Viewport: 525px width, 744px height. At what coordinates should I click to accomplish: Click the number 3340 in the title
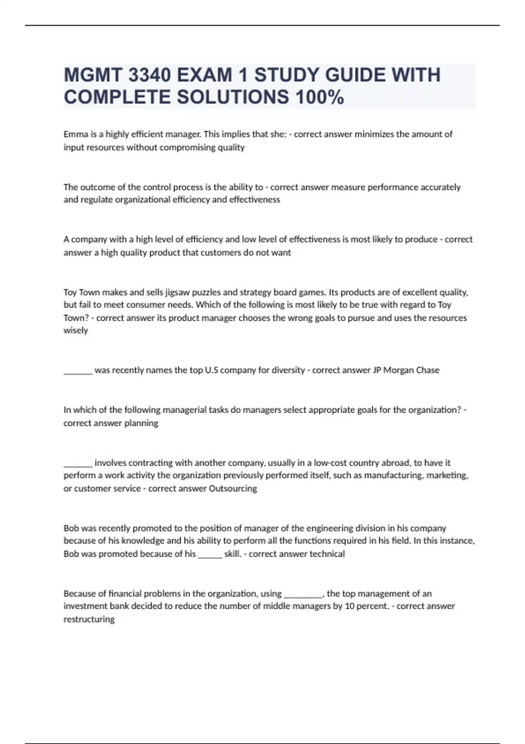click(x=150, y=75)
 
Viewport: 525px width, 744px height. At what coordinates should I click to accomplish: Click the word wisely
click(x=76, y=330)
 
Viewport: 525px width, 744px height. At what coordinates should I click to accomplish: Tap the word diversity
click(x=287, y=370)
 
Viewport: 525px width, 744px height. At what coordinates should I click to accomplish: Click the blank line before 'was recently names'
click(x=78, y=373)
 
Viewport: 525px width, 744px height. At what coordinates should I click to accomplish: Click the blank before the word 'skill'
click(x=210, y=557)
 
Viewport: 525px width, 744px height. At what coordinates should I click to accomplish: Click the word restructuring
click(x=89, y=619)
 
